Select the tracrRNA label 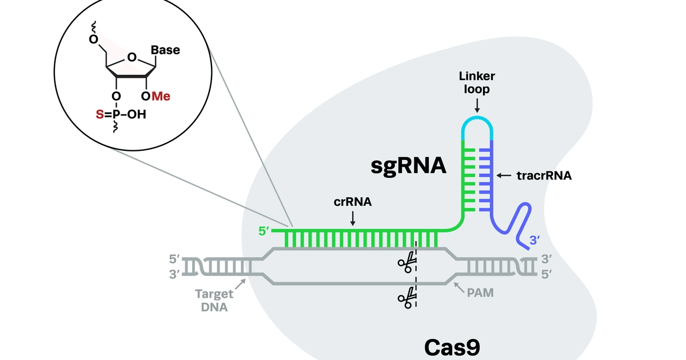(544, 175)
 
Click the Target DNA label (214, 301)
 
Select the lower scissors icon (407, 297)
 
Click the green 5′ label (264, 232)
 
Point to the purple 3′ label (535, 241)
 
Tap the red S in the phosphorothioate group (99, 115)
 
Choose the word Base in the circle (165, 50)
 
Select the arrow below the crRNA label (352, 218)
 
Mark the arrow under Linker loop (476, 104)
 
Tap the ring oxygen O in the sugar (132, 57)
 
